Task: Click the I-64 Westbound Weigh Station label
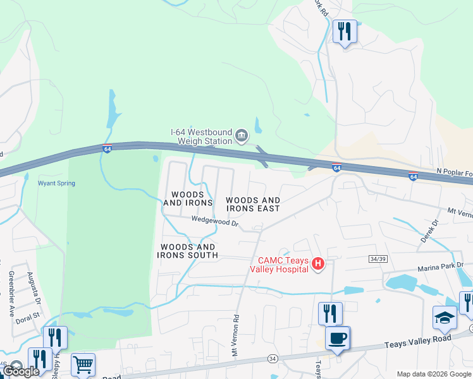click(202, 136)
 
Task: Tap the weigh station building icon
click(241, 136)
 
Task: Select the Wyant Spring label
click(56, 183)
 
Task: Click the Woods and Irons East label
click(253, 204)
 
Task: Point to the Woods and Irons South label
click(188, 251)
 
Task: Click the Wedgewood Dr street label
click(215, 222)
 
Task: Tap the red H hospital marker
click(319, 263)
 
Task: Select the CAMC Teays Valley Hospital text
click(283, 265)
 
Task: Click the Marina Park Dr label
click(440, 267)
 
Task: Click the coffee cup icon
click(337, 338)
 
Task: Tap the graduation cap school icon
click(445, 317)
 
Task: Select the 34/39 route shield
click(377, 259)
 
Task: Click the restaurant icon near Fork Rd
click(345, 31)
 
